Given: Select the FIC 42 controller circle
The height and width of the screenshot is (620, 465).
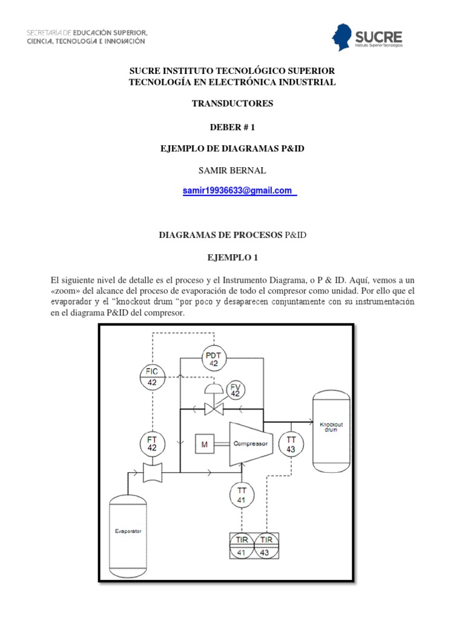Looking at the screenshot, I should point(152,377).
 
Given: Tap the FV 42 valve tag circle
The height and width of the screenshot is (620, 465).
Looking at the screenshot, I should point(236,390).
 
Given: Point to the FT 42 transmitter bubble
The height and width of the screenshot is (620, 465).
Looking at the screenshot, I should point(152,444).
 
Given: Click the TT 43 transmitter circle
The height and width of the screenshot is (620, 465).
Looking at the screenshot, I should point(291,444).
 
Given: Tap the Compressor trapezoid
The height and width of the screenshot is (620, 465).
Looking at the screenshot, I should point(249,444).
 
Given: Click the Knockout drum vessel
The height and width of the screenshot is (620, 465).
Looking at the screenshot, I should point(331,432).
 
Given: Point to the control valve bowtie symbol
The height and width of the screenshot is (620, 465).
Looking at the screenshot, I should point(213,410).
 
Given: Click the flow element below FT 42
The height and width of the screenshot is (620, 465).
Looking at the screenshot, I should point(152,472).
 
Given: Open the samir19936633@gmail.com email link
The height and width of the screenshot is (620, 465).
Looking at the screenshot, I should point(240,191).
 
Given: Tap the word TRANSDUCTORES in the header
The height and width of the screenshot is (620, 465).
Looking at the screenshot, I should point(232,104).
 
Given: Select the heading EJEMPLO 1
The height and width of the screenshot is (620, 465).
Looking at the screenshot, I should point(232,257).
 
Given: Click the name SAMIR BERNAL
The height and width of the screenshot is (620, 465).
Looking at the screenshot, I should point(232,170).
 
